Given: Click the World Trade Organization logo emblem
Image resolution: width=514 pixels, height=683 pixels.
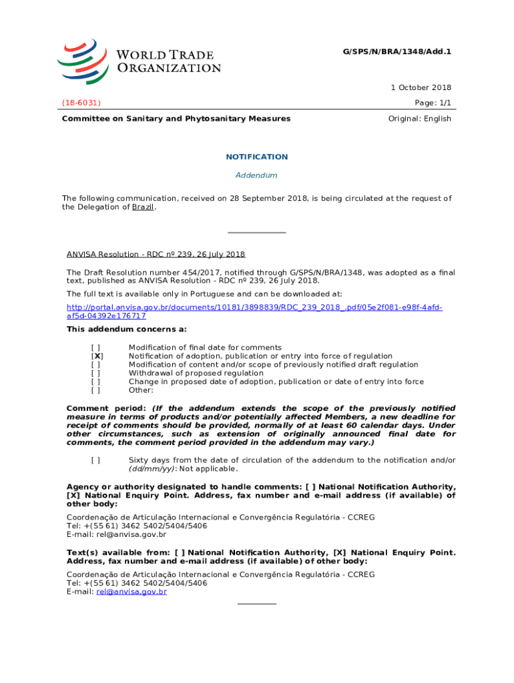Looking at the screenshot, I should (83, 60).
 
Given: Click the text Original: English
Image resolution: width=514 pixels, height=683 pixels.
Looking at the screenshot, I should (419, 119).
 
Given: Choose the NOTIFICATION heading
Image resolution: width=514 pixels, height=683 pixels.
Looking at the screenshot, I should (257, 157).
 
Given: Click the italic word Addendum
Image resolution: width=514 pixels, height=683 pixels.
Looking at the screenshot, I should (257, 175).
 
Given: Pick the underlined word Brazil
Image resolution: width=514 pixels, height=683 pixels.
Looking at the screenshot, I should (142, 207).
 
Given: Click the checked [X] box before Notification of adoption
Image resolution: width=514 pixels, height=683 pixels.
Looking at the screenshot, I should (96, 356).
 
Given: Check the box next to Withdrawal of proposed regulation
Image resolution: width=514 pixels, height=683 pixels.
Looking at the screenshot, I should (96, 374).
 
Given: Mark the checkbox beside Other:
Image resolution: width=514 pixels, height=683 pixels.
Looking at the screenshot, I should (96, 391).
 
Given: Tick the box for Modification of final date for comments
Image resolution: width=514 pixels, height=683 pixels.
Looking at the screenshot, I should (96, 348).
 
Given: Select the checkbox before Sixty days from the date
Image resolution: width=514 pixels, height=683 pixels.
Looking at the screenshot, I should (96, 460).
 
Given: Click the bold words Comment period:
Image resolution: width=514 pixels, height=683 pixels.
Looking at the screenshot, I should (107, 408).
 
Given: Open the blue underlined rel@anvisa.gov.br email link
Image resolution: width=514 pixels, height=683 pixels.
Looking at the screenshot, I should (132, 592).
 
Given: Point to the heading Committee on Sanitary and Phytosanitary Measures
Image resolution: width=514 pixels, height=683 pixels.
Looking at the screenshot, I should (176, 119).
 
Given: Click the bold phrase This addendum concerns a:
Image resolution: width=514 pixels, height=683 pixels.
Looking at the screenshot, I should (127, 329).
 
